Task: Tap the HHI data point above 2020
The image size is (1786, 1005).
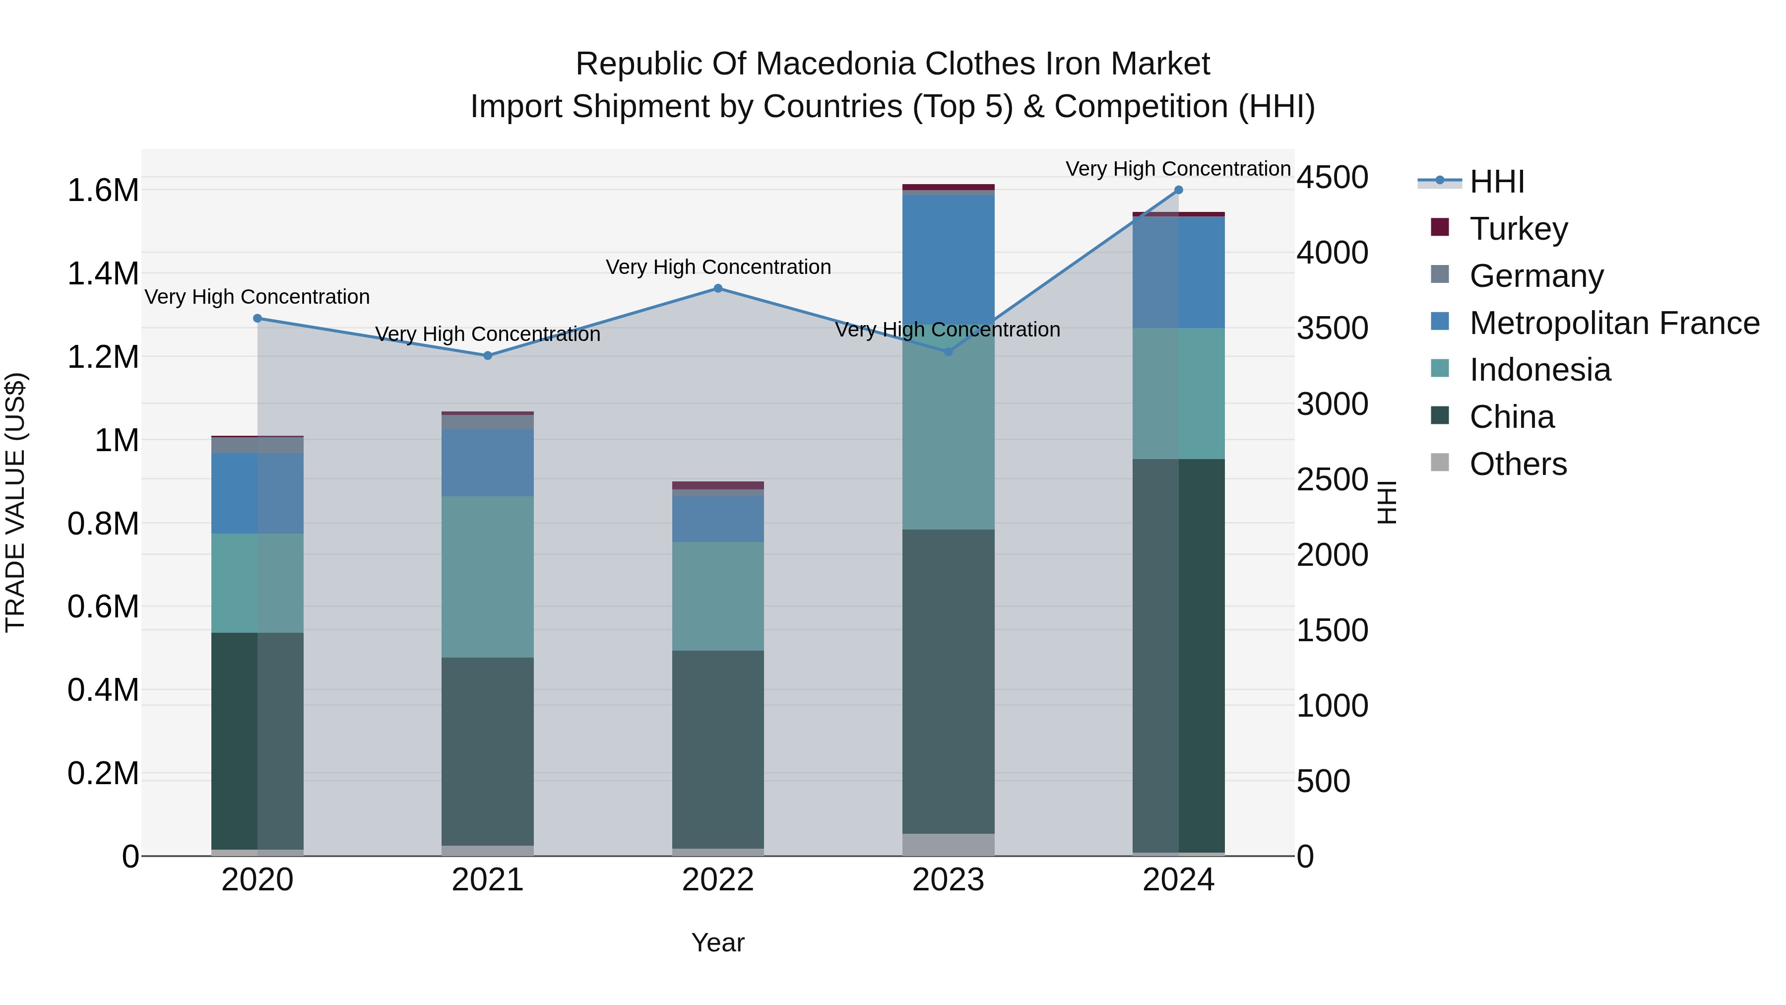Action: pos(257,318)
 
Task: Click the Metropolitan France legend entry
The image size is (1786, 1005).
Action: pos(1614,323)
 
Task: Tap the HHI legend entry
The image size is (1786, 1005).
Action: pos(1496,182)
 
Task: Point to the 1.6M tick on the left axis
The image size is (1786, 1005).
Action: pos(103,190)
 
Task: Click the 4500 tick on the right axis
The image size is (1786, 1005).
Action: pos(1332,178)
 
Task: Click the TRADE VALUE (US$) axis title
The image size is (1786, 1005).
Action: pos(15,502)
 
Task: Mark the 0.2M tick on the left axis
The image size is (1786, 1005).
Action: pos(103,773)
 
